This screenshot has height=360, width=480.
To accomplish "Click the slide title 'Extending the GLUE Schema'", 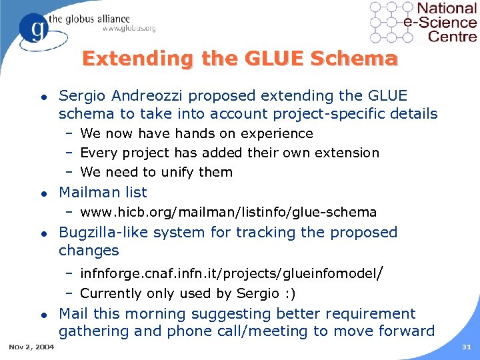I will tap(239, 59).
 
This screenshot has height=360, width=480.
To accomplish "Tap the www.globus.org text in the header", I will tap(129, 28).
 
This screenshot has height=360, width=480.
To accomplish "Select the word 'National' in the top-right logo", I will tap(446, 9).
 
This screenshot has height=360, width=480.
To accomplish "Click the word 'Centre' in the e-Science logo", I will tap(453, 36).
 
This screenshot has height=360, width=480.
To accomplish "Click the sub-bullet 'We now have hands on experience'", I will tap(196, 133).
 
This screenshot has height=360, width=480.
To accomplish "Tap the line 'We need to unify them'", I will tap(156, 172).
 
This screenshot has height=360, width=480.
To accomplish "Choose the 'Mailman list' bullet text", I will tap(103, 192).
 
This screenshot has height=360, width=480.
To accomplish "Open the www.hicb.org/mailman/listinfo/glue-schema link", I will tap(228, 212).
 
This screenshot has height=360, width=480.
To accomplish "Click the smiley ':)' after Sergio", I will tap(289, 293).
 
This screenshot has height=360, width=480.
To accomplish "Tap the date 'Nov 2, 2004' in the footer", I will tap(32, 347).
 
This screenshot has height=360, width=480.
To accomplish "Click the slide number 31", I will tap(465, 347).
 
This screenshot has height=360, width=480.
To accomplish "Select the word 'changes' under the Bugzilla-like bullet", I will tap(89, 251).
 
